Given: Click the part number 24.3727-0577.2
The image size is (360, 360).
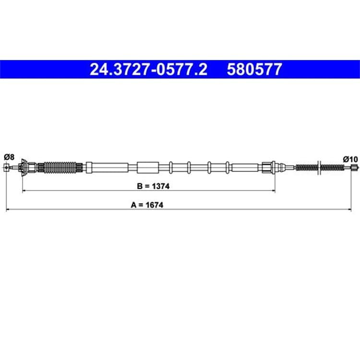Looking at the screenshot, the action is (148, 69).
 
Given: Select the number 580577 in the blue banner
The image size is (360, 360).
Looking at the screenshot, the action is (254, 69).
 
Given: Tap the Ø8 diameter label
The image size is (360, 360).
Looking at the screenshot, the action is (9, 157).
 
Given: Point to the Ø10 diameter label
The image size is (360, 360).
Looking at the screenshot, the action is (350, 159).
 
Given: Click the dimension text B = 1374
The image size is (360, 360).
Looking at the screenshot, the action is (153, 186).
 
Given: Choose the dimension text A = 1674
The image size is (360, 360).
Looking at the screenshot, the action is (147, 205).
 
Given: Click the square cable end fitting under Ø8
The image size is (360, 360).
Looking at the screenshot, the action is (7, 168).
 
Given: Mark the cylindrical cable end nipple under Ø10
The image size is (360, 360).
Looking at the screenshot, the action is (355, 168).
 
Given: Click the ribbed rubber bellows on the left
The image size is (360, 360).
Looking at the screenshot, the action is (60, 168).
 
